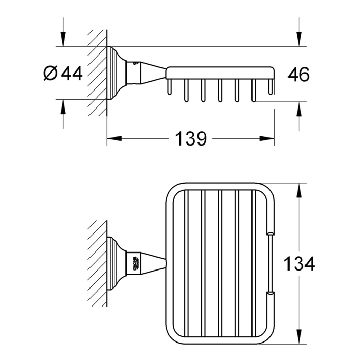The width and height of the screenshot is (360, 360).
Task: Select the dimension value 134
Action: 299,264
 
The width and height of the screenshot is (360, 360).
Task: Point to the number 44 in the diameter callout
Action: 72,74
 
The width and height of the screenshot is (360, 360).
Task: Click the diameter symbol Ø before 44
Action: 50,74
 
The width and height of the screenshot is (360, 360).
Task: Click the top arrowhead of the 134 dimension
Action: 299,189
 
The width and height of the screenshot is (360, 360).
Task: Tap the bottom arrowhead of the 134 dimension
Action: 299,338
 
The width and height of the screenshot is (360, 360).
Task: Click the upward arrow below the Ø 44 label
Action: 63,108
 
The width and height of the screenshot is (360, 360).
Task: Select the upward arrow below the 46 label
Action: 299,109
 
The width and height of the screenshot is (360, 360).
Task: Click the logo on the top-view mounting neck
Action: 136,261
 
